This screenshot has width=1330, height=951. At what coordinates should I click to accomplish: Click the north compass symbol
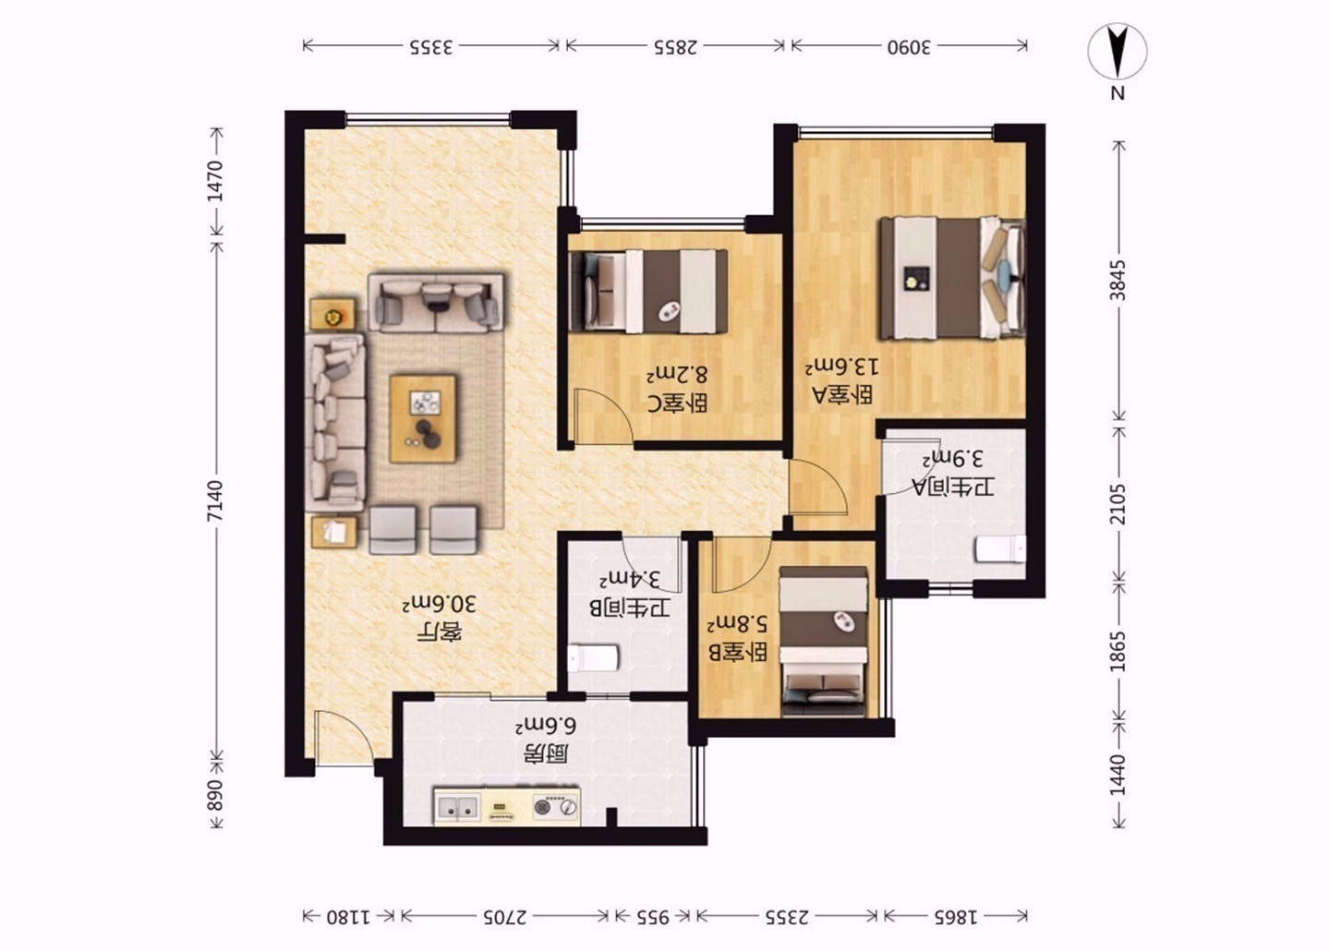pyautogui.click(x=1118, y=53)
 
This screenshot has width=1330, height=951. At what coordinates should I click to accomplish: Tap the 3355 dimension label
pyautogui.click(x=430, y=47)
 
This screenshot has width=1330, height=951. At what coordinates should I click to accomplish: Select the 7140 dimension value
pyautogui.click(x=215, y=501)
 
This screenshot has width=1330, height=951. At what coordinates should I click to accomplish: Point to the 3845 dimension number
pyautogui.click(x=1118, y=280)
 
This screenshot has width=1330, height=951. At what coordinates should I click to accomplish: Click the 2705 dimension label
pyautogui.click(x=504, y=917)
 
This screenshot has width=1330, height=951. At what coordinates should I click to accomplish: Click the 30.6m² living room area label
pyautogui.click(x=440, y=605)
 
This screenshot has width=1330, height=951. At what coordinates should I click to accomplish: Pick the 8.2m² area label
pyautogui.click(x=678, y=375)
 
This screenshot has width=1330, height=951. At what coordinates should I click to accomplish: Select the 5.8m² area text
pyautogui.click(x=737, y=624)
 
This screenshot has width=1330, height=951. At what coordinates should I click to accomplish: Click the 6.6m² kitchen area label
pyautogui.click(x=546, y=726)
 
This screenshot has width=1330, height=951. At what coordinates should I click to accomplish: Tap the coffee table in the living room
pyautogui.click(x=423, y=418)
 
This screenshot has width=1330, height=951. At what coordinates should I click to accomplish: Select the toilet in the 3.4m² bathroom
pyautogui.click(x=593, y=658)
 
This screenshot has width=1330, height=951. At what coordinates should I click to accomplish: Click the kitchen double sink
pyautogui.click(x=457, y=807)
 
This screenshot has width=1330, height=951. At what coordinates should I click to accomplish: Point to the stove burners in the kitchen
pyautogui.click(x=554, y=807)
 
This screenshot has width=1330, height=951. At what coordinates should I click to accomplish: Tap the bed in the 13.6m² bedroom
pyautogui.click(x=953, y=278)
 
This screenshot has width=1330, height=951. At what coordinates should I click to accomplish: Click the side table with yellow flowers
pyautogui.click(x=333, y=314)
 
